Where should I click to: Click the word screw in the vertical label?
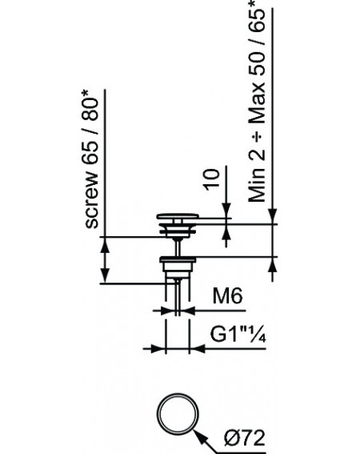pos(92,199)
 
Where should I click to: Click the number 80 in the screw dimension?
pos(90,110)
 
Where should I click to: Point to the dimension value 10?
pos(212,180)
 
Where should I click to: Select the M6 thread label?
pos(227,296)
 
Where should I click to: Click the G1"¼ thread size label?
pos(238,335)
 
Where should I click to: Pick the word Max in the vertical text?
pos(258,103)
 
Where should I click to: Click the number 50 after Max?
pos(258,62)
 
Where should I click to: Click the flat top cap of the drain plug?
pos(178,216)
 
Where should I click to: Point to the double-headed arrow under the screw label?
pos(105,260)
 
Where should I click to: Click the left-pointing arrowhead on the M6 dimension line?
pos(189,311)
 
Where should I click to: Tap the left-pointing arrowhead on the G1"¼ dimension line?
pos(198,348)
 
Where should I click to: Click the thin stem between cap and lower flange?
pos(178,247)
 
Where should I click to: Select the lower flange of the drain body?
pos(178,259)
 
